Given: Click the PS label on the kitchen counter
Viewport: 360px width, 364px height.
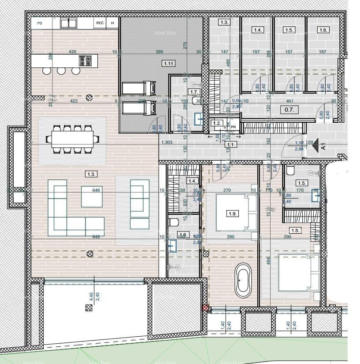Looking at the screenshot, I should point(40,23).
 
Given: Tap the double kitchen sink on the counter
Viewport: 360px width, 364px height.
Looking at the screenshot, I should point(68,23).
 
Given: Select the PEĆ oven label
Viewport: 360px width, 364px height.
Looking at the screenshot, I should point(100,23).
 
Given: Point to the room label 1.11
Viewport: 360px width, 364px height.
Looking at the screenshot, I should point(168,63).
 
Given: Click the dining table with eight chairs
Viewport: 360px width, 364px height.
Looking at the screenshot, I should point(73,140).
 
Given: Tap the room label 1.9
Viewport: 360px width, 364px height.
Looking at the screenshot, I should point(233,213).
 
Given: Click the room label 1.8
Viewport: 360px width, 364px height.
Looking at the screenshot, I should point(295,230).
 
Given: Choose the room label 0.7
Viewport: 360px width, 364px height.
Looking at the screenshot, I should point(289,110).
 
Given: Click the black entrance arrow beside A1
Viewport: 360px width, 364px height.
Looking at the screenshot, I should point(315,147).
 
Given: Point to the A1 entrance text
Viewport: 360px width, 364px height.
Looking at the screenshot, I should point(324,146).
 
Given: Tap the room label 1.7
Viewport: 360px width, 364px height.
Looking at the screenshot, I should point(194,92).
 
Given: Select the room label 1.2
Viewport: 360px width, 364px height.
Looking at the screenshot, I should point(216,124).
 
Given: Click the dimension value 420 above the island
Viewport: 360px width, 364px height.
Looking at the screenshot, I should point(72,52).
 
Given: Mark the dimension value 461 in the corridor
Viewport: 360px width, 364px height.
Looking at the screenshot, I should point(289,101).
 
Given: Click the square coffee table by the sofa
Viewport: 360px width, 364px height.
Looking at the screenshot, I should point(92,196).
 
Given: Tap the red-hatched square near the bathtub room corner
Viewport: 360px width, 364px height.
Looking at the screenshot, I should point(205,308).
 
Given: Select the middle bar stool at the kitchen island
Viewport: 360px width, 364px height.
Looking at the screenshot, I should point(61,71).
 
